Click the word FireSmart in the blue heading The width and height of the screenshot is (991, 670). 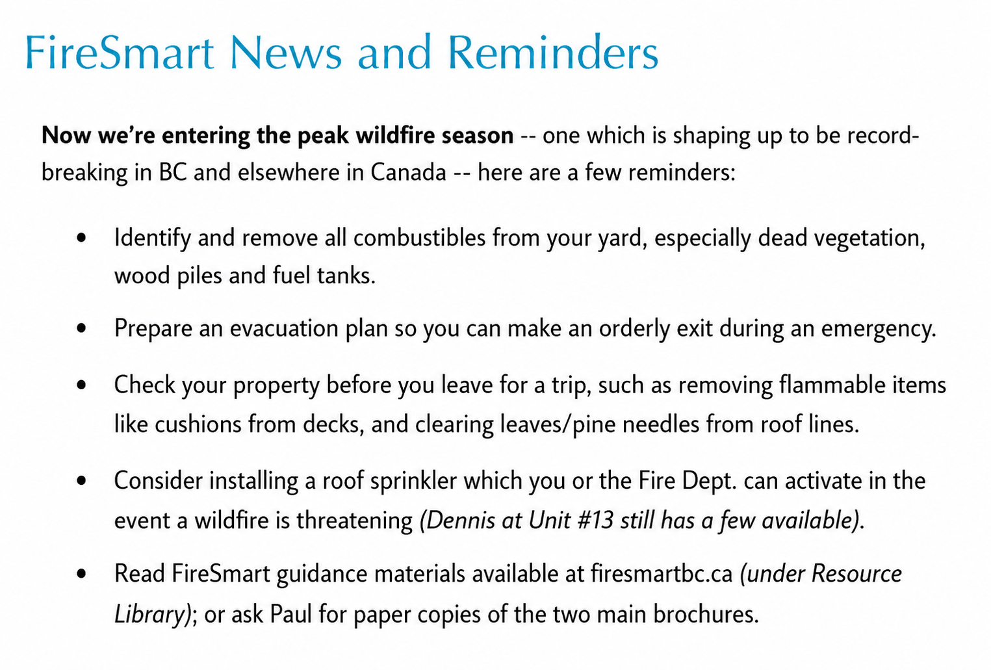coord(120,52)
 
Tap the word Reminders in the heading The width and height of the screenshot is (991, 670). coord(553,52)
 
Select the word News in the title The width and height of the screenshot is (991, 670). coord(286,52)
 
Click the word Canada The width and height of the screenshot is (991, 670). coord(408,172)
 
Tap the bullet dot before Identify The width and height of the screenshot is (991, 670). coord(81,238)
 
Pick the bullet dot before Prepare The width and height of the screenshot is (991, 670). coord(81,329)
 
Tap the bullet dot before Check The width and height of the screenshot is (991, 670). coord(81,385)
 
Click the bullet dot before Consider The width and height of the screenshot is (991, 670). coord(81,481)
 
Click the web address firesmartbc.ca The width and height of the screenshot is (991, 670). coord(662,574)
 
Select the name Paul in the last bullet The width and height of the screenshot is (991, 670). coord(290,615)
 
